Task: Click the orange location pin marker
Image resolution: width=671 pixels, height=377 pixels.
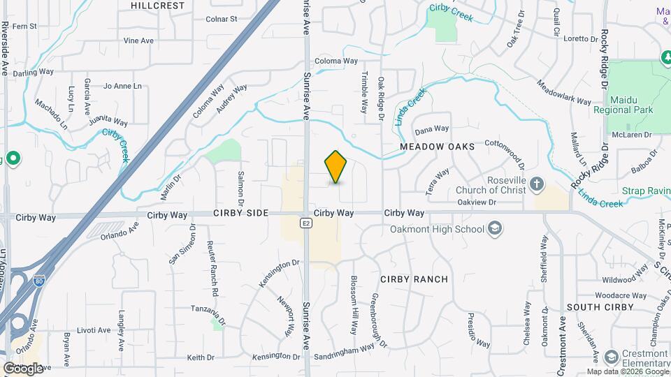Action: coord(336,166)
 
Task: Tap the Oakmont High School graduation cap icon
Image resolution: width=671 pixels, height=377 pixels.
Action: coord(495,228)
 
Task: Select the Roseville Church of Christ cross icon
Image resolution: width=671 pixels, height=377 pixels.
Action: coord(536,184)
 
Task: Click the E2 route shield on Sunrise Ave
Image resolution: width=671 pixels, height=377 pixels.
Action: coord(306,223)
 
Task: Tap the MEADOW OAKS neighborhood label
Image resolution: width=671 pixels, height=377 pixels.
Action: coord(438,147)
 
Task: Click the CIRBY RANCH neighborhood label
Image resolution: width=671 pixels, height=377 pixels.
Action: coord(414,279)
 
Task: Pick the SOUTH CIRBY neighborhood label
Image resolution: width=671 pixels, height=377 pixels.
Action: coord(600,307)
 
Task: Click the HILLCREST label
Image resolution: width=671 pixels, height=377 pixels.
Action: coord(157,6)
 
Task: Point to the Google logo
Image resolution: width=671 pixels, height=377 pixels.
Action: coord(23,368)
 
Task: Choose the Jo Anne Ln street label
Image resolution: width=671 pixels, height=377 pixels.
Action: coord(122,87)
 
